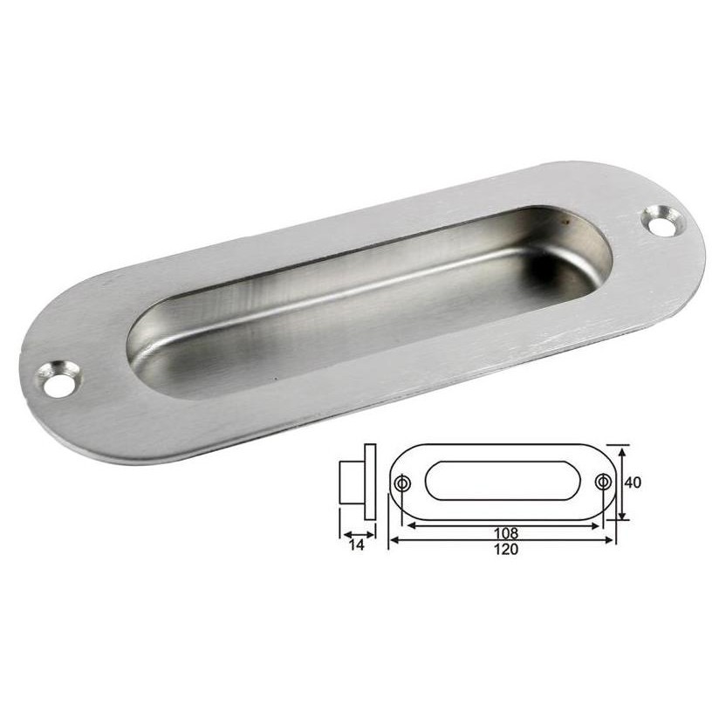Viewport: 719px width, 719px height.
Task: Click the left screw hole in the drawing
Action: (x=402, y=483)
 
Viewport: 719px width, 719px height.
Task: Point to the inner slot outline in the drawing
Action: (x=503, y=482)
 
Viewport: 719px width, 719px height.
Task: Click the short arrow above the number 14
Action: (x=358, y=534)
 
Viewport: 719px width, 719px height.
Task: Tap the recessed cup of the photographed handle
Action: (x=366, y=301)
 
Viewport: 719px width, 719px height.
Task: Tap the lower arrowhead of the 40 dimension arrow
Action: (x=621, y=517)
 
